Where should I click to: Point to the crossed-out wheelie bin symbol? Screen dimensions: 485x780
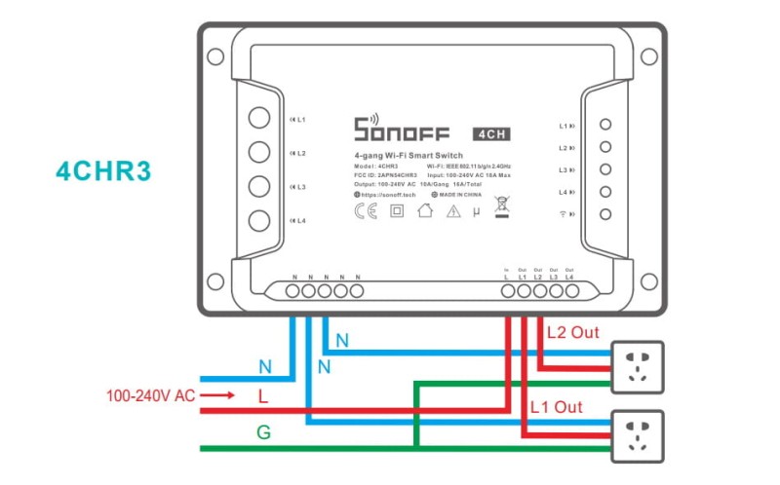pos(502,207)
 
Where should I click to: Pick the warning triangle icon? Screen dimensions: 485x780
pos(452,211)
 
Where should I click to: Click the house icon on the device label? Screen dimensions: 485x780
pos(424,211)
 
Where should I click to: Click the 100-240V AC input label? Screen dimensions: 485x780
pos(152,396)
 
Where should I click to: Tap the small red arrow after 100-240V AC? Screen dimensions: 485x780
pos(222,396)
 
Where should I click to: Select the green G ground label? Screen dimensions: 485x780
pos(263,431)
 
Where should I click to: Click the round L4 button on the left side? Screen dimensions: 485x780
pos(258,220)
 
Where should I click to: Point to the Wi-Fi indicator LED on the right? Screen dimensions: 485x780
pos(605,214)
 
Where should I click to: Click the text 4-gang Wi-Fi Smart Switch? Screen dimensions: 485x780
pos(409,156)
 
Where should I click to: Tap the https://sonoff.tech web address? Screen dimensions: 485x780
pos(390,195)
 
